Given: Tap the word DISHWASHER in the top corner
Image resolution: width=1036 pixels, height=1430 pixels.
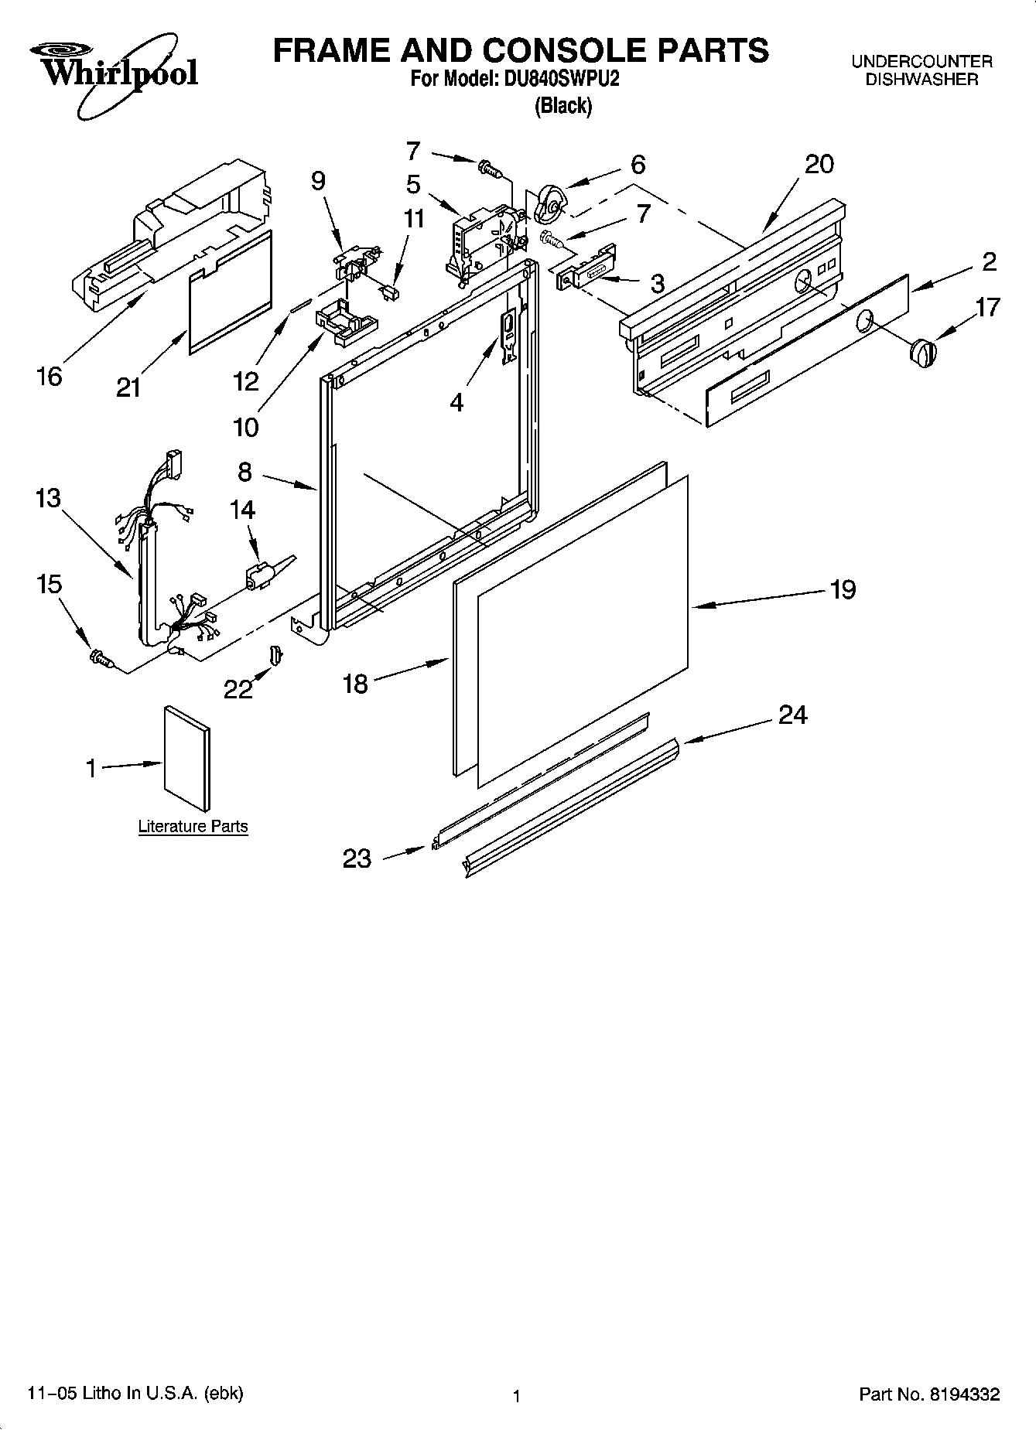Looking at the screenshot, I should (921, 79).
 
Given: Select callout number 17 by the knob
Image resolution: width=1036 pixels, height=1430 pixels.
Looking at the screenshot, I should (987, 307).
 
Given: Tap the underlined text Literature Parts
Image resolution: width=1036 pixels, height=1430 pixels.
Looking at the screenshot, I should (193, 826).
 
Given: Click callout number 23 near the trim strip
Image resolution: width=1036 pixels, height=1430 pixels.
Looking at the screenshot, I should (357, 858).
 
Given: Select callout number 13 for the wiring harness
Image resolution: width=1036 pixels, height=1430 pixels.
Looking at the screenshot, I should (48, 497).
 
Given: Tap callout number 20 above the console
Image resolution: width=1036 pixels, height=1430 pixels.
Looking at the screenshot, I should (819, 163).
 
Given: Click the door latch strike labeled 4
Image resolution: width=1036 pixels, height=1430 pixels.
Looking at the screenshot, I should (508, 334).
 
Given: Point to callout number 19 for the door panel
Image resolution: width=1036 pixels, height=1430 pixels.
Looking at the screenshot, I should (843, 589).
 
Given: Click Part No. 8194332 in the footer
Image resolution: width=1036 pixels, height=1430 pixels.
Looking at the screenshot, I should (929, 1394).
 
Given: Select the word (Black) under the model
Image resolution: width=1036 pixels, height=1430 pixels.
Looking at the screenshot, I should (562, 106).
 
